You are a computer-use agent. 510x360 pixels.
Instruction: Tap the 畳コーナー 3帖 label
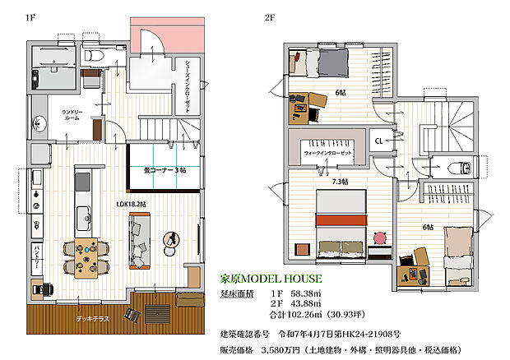pyautogui.click(x=165, y=170)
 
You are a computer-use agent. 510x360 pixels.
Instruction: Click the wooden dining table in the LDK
pyautogui.click(x=86, y=255)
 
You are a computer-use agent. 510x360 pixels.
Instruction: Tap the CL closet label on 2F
pyautogui.click(x=380, y=140)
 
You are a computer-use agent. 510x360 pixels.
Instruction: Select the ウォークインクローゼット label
pyautogui.click(x=329, y=153)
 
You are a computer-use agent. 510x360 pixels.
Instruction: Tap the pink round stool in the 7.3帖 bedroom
pyautogui.click(x=379, y=238)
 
